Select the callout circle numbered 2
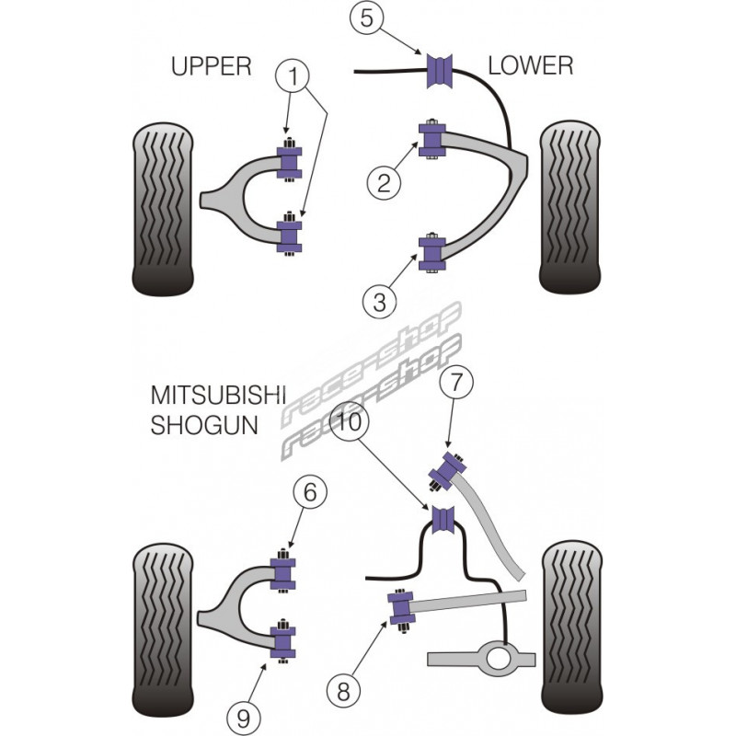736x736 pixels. tap(384, 182)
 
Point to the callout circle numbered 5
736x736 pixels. tap(366, 19)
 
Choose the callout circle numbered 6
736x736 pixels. tap(311, 494)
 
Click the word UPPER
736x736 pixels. tap(211, 65)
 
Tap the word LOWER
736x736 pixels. tap(530, 65)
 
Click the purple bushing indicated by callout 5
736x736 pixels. tap(441, 71)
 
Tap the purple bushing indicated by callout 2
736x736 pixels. tap(431, 138)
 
